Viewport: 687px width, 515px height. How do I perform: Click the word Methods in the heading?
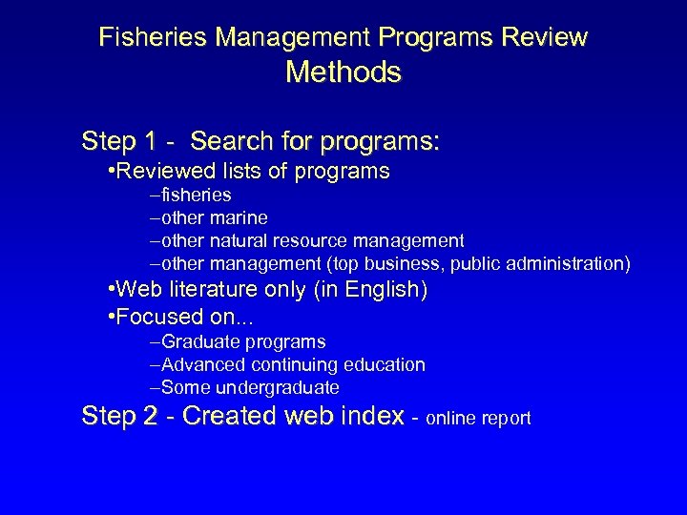click(x=343, y=72)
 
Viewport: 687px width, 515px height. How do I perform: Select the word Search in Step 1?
click(x=227, y=142)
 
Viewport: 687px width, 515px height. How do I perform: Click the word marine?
click(x=237, y=217)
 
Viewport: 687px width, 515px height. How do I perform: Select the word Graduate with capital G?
click(x=198, y=341)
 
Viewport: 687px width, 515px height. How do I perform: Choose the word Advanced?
click(x=199, y=364)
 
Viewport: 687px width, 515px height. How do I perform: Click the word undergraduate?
click(x=276, y=387)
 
